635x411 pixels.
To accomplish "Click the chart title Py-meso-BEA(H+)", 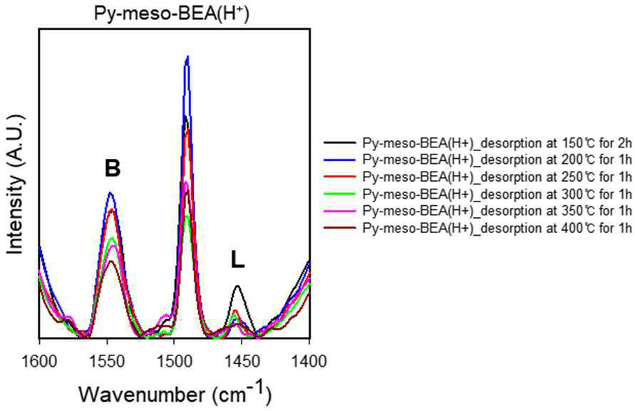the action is click(172, 14).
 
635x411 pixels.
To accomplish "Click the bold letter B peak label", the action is click(113, 168).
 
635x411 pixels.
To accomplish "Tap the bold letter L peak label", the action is click(238, 259).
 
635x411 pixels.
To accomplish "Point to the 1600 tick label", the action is click(39, 361).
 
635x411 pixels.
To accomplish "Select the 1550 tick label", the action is click(108, 361).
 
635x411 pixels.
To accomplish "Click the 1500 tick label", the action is click(175, 361).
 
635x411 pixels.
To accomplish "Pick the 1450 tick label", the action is click(242, 361).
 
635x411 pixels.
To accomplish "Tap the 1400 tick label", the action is click(309, 361).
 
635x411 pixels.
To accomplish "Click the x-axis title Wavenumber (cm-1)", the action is click(175, 392).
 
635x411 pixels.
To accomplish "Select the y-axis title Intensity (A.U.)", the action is click(16, 184).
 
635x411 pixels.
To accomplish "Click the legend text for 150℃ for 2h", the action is click(497, 143).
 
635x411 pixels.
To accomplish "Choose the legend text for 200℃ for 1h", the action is click(497, 160).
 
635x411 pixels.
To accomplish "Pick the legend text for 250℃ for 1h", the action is click(497, 177).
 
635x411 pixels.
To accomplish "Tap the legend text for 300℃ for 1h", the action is click(497, 194).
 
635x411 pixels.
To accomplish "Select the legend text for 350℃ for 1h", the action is click(497, 211).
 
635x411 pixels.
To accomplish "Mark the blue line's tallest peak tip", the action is click(187, 56).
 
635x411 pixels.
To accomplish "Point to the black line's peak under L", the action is click(238, 286).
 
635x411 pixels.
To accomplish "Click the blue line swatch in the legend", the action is click(340, 160).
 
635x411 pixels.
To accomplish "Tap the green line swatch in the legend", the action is click(340, 194).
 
